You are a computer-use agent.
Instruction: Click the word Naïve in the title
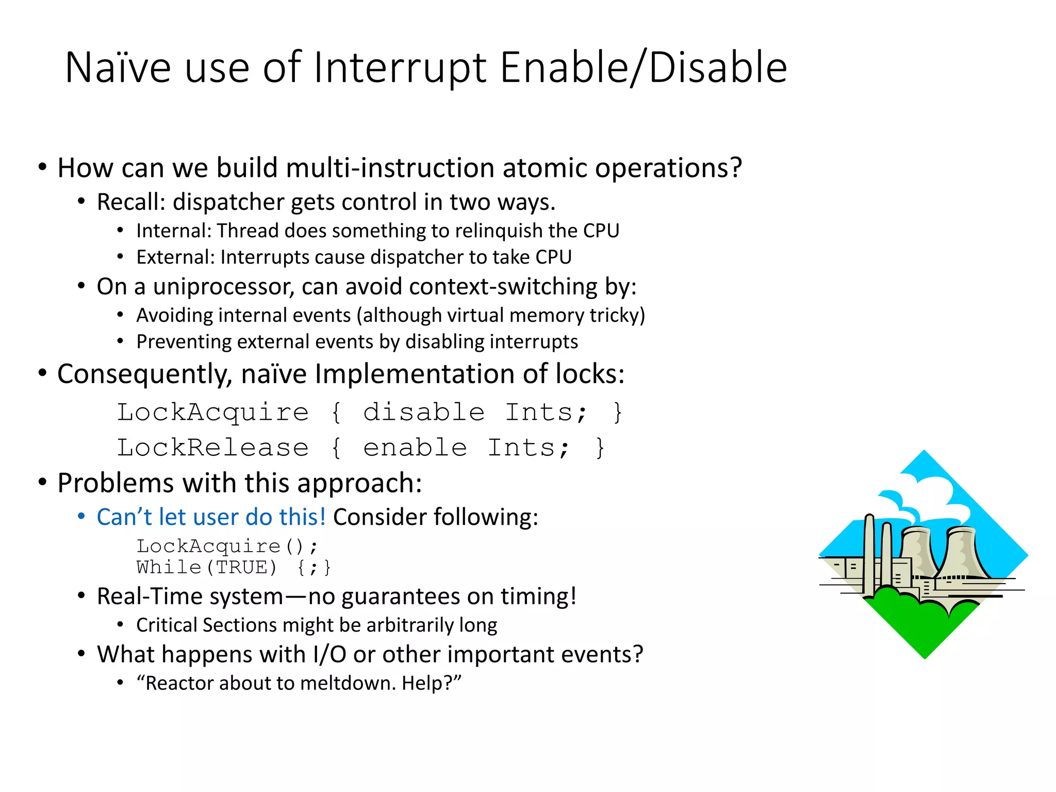click(x=118, y=68)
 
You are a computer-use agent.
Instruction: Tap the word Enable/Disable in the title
click(x=643, y=68)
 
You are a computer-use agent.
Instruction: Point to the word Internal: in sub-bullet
click(x=174, y=231)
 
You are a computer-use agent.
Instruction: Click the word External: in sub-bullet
click(x=175, y=257)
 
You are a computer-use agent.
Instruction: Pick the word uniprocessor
click(x=223, y=287)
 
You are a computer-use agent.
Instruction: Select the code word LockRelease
click(x=212, y=448)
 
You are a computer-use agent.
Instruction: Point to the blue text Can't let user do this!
click(x=211, y=517)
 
